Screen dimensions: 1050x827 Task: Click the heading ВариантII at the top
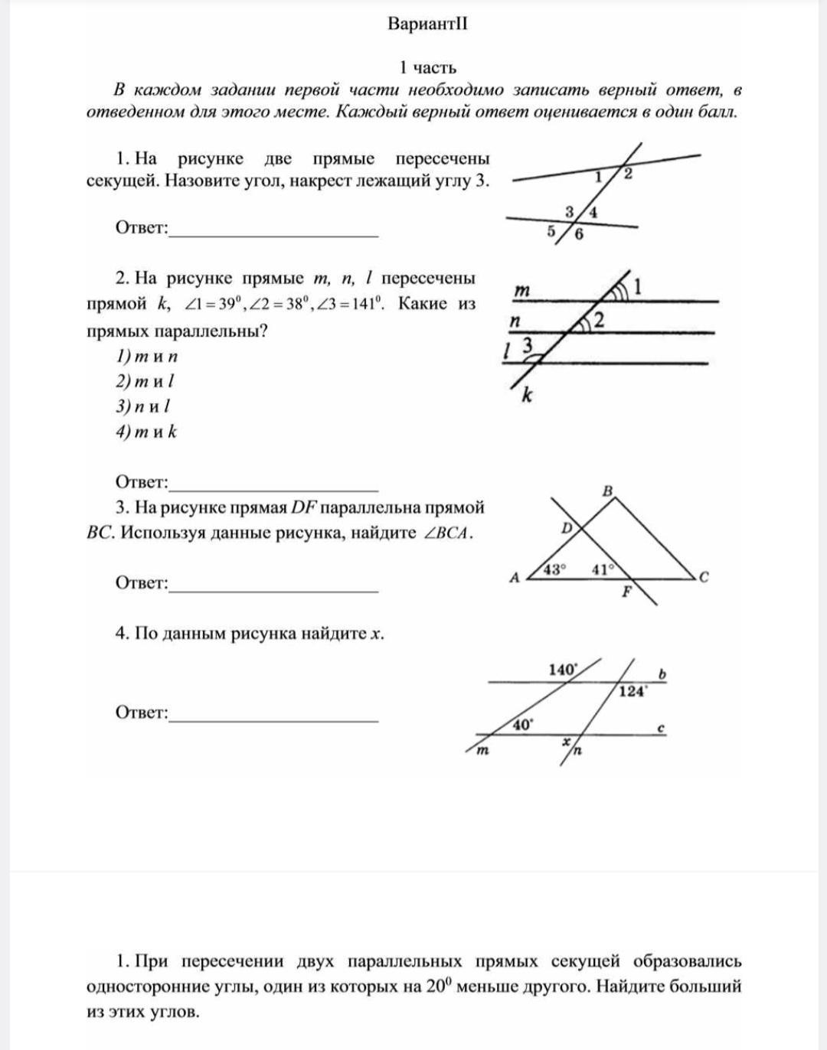[427, 24]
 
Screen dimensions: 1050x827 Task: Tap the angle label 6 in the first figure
[578, 235]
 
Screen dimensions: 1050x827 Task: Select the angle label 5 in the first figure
[551, 230]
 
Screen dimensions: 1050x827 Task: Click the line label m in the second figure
[521, 290]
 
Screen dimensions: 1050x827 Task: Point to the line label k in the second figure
[527, 395]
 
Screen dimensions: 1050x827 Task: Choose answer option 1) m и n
[147, 356]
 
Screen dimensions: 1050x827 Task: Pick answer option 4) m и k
[146, 432]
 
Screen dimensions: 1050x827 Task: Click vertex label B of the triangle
[608, 490]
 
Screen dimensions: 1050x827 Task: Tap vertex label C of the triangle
[704, 577]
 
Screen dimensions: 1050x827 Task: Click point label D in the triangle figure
[567, 527]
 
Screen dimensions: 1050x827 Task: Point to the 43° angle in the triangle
[554, 569]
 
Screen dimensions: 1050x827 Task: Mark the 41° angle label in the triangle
[603, 569]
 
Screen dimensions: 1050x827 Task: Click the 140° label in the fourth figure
[563, 670]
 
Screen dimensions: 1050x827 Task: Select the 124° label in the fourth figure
[633, 691]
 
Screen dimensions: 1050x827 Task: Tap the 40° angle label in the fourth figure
[522, 724]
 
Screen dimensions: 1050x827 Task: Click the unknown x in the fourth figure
[567, 742]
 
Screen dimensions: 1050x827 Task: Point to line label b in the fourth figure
[663, 673]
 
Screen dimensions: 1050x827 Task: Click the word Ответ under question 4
[142, 712]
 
